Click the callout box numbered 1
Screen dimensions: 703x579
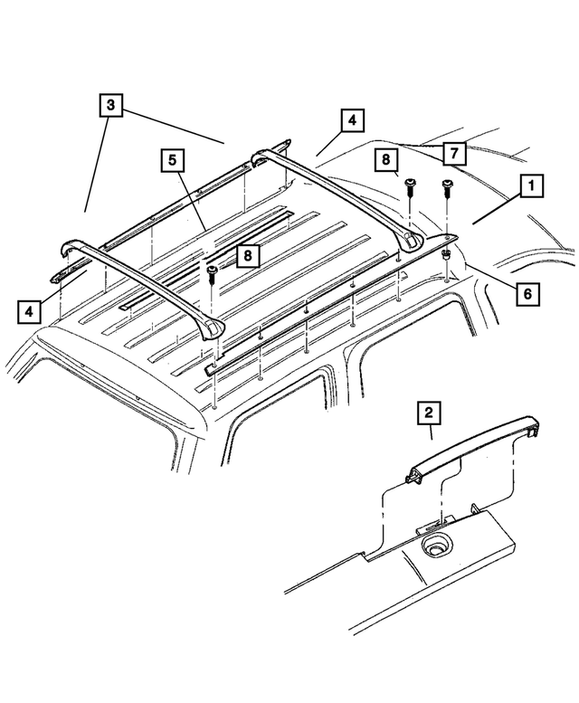(530, 187)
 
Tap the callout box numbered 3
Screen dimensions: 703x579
(109, 106)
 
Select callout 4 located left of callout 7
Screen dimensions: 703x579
(351, 120)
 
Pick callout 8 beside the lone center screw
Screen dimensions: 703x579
(244, 257)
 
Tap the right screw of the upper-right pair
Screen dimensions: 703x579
(446, 188)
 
